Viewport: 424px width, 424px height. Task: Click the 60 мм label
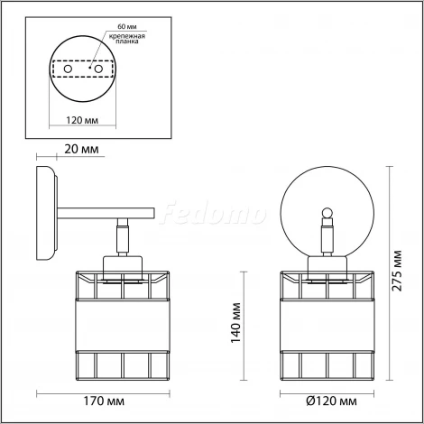tap(127, 27)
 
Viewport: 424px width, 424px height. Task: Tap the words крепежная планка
tap(127, 39)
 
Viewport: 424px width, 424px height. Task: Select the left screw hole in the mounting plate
tap(68, 69)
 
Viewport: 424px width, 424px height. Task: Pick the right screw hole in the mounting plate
tap(98, 69)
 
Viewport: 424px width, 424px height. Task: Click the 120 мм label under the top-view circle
tap(82, 120)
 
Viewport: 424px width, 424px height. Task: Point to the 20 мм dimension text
tap(81, 149)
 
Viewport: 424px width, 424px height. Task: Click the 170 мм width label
tap(104, 401)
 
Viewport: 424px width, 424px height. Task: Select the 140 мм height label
tap(236, 323)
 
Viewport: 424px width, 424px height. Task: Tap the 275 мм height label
tap(397, 270)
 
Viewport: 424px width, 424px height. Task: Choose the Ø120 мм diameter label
tap(331, 401)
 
